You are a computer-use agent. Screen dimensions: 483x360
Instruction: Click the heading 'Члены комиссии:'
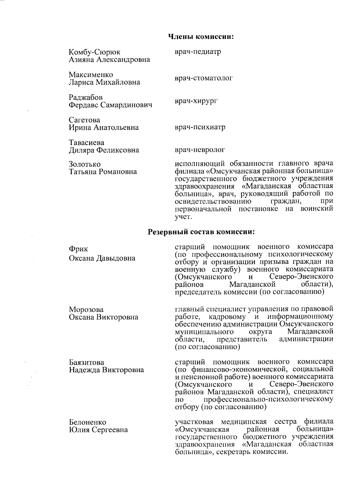(x=201, y=37)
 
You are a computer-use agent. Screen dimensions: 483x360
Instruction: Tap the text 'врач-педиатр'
(x=198, y=52)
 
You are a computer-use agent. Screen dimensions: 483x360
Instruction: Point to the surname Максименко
(x=91, y=74)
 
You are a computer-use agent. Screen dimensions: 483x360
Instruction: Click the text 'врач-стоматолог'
(x=204, y=78)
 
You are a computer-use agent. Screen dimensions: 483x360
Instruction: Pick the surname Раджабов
(x=85, y=97)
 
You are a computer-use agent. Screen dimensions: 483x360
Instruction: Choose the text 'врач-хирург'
(x=196, y=101)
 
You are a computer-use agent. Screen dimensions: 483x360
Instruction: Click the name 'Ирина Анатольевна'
(x=104, y=127)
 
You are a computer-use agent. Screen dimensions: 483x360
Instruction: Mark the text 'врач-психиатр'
(x=200, y=127)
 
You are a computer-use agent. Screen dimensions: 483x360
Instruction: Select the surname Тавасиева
(x=87, y=142)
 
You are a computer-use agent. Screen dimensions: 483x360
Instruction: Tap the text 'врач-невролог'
(x=200, y=150)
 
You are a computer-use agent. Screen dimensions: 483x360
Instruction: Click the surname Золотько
(x=85, y=164)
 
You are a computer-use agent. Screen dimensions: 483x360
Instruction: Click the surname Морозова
(x=86, y=309)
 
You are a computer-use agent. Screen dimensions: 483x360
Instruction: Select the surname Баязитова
(x=87, y=362)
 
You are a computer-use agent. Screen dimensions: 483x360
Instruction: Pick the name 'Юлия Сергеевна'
(x=98, y=430)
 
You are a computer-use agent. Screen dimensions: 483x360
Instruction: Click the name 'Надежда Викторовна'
(x=106, y=370)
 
